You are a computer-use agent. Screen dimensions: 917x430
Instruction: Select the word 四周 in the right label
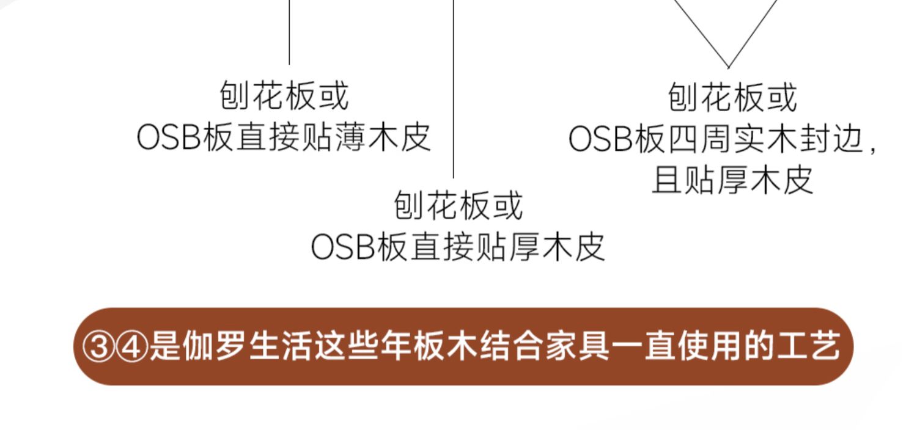coord(702,140)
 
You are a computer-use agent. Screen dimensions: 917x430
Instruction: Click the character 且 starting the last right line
coord(665,180)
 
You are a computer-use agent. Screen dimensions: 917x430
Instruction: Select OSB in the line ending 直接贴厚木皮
coord(342,247)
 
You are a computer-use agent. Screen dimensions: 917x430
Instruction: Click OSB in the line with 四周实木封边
coord(600,140)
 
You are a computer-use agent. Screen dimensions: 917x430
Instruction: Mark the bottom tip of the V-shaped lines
coord(728,66)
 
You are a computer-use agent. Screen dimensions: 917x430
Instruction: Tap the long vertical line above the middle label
coord(453,92)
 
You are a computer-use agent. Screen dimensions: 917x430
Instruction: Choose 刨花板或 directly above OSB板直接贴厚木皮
coord(458,205)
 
